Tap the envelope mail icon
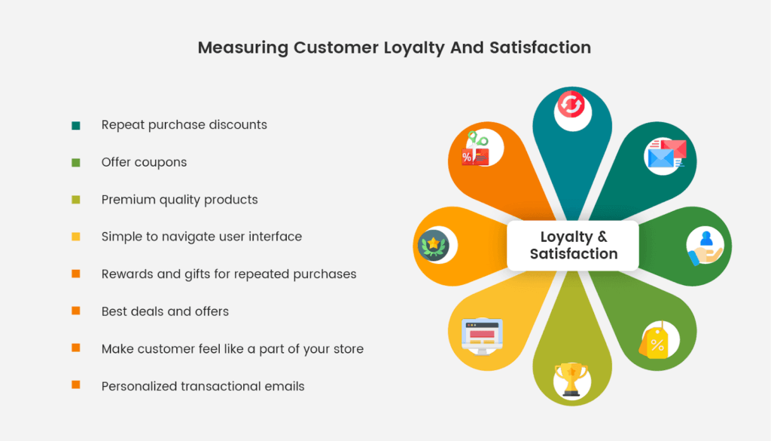tap(666, 155)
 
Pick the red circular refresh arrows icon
tap(572, 107)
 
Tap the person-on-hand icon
tap(705, 246)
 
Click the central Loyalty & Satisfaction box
tap(573, 246)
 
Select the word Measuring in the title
tap(242, 47)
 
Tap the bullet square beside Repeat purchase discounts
tap(75, 125)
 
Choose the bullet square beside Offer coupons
tap(75, 162)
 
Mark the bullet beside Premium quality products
tap(75, 200)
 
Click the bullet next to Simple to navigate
tap(75, 237)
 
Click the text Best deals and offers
tap(165, 311)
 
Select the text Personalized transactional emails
tap(203, 386)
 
